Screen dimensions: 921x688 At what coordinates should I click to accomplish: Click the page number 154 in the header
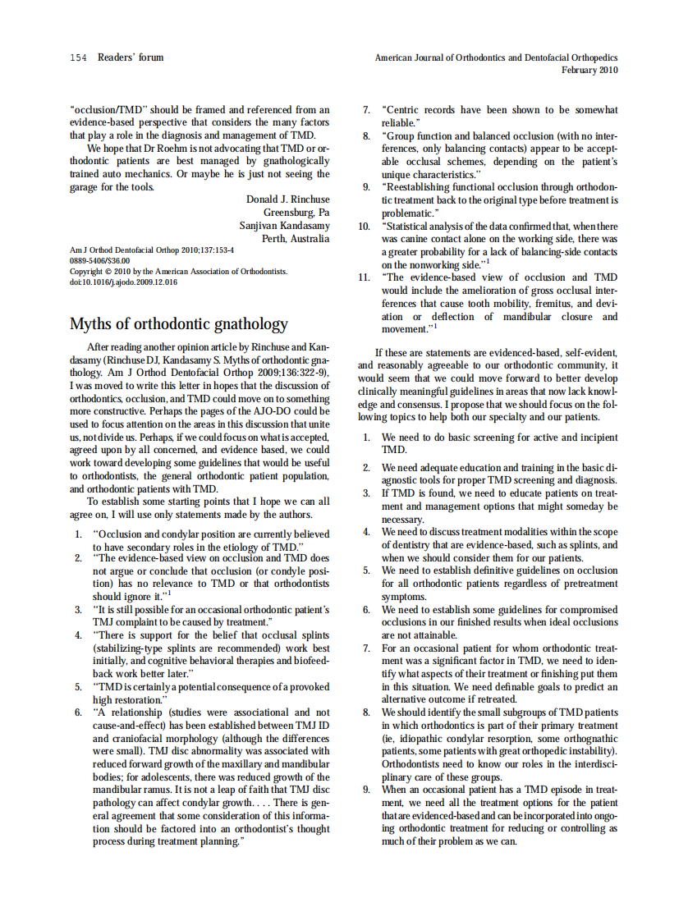[78, 57]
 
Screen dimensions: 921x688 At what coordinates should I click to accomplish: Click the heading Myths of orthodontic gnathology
[179, 323]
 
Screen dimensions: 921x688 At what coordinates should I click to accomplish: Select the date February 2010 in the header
[589, 71]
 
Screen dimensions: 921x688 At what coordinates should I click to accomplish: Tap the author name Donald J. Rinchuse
[287, 199]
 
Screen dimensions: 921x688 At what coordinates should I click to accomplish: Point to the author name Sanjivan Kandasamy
[284, 226]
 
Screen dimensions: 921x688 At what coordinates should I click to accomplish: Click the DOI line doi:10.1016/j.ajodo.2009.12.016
[123, 282]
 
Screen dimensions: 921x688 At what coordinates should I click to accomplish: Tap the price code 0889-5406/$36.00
[99, 260]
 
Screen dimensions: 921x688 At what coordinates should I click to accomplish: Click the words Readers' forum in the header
[131, 57]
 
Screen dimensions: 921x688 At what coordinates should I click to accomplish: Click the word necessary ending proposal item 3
[402, 520]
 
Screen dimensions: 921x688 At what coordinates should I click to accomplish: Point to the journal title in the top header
[496, 57]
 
